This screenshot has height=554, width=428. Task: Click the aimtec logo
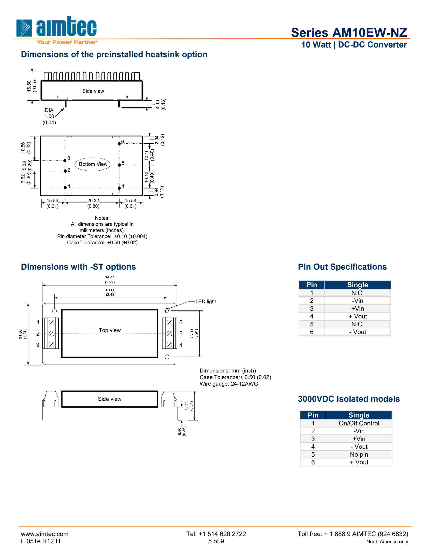click(56, 28)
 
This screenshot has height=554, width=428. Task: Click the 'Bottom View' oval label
click(93, 164)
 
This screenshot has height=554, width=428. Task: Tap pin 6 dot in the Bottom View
click(119, 144)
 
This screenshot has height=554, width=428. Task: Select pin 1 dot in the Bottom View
click(65, 188)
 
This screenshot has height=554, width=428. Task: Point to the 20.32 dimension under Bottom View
click(93, 201)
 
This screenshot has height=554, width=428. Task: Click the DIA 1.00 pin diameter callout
click(49, 116)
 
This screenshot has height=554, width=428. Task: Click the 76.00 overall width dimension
click(110, 278)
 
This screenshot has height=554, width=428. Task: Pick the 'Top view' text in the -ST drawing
click(110, 330)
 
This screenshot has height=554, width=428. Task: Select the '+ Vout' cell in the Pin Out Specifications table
click(358, 316)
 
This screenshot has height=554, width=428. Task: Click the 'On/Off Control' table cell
click(359, 423)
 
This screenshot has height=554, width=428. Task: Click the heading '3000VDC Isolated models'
click(349, 399)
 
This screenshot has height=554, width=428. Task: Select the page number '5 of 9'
click(216, 541)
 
